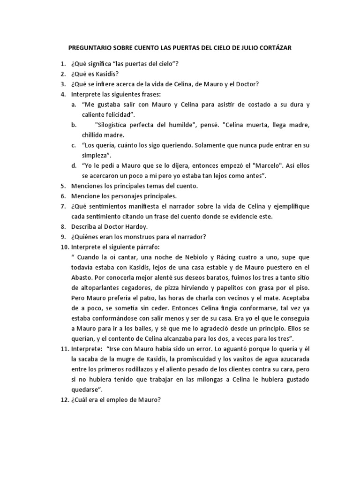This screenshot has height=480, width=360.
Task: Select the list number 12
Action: coord(64,400)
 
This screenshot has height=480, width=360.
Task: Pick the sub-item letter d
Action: coord(74,165)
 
